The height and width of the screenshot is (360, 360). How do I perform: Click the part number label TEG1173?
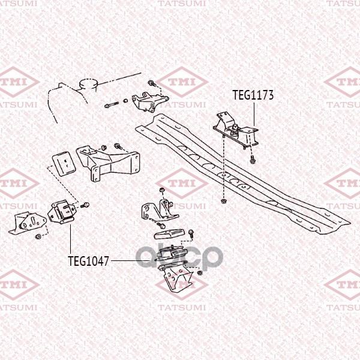[x=253, y=95]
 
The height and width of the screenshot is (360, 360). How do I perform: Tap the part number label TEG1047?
[x=88, y=261]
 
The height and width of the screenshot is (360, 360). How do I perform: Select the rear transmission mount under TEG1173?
[x=236, y=131]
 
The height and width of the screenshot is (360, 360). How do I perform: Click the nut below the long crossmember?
[x=223, y=201]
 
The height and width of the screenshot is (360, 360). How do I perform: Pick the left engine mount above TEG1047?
[x=61, y=212]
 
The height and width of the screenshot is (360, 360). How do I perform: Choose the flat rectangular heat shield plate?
[x=64, y=163]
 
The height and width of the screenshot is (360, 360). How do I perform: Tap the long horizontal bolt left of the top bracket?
[x=112, y=104]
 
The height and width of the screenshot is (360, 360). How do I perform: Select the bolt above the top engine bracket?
[x=152, y=83]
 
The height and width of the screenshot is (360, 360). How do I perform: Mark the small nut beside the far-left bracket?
[x=38, y=236]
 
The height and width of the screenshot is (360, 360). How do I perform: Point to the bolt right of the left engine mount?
[x=85, y=205]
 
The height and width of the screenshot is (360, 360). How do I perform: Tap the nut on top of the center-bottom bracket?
[x=161, y=190]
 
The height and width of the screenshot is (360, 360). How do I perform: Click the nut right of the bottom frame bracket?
[x=200, y=273]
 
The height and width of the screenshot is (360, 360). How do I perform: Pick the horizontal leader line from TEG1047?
[x=130, y=260]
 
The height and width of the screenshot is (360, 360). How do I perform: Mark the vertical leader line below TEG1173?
[x=254, y=114]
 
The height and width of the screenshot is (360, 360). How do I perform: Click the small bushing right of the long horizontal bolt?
[x=125, y=101]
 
